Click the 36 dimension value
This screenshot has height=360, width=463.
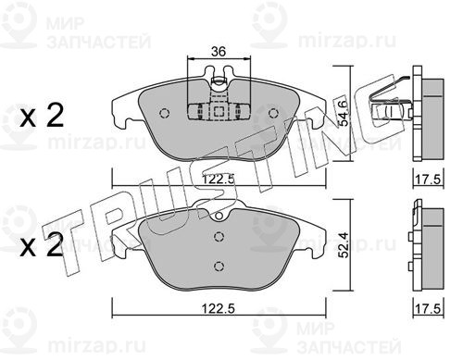(x=219, y=52)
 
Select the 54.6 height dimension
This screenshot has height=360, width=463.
(x=344, y=112)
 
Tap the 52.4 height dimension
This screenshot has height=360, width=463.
(x=344, y=245)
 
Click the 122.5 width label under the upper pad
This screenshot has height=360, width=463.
(x=219, y=179)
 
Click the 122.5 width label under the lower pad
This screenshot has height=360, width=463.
(x=219, y=308)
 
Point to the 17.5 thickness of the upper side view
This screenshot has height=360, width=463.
(x=428, y=180)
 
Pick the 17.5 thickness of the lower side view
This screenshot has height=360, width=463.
(x=428, y=308)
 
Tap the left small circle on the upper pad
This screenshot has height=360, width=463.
(x=165, y=114)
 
